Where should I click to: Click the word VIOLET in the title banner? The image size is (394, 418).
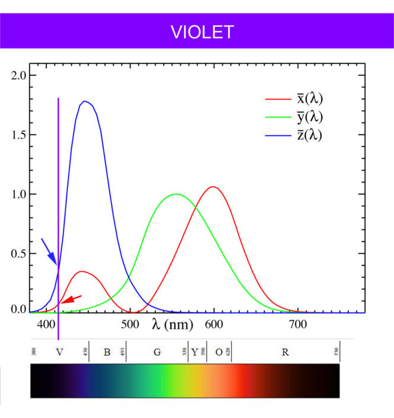[x=202, y=32]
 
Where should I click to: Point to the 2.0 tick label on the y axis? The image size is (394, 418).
[x=20, y=75]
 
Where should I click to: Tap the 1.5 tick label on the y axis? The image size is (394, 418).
[x=20, y=135]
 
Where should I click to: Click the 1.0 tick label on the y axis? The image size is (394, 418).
[x=20, y=194]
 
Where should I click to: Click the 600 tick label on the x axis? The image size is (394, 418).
[x=213, y=324]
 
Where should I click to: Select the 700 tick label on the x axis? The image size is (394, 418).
[x=297, y=324]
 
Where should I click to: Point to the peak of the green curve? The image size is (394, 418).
[x=175, y=194]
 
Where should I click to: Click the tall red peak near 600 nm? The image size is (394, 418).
[x=213, y=187]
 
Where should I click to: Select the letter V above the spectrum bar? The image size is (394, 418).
[x=59, y=352]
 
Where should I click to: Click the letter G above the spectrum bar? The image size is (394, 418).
[x=157, y=352]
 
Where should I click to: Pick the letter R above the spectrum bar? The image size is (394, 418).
[x=285, y=352]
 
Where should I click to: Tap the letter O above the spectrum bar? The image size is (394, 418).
[x=219, y=352]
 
